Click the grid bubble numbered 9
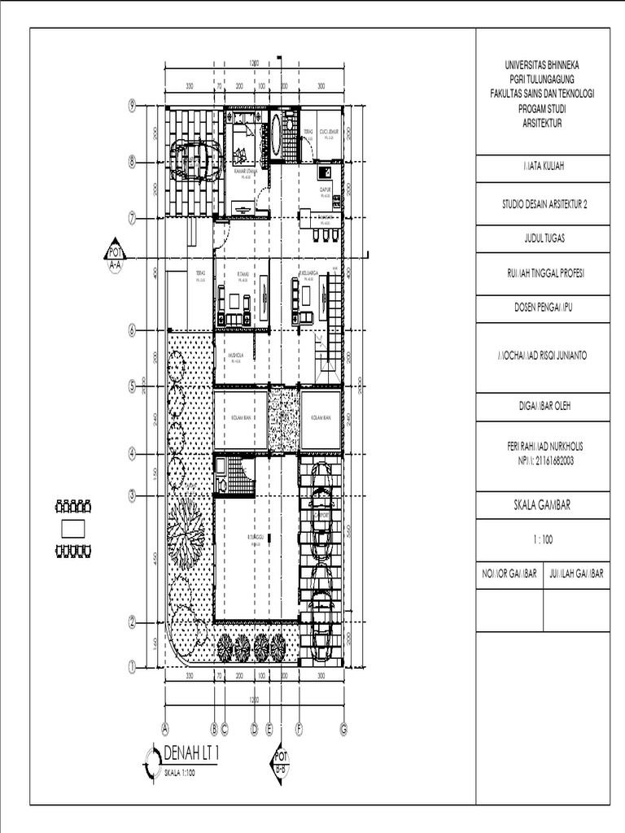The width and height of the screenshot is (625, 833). click(x=131, y=104)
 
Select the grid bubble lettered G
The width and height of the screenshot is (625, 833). click(x=343, y=729)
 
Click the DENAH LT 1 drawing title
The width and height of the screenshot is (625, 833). click(x=192, y=752)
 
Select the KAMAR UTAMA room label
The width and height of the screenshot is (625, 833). click(x=240, y=172)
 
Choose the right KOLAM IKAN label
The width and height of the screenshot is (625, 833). click(x=321, y=418)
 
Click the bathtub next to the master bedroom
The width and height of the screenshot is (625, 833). click(x=277, y=133)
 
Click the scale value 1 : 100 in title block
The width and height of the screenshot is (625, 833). click(x=543, y=539)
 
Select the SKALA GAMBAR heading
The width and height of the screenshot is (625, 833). click(x=543, y=504)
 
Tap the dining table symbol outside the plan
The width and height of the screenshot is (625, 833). click(x=72, y=528)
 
